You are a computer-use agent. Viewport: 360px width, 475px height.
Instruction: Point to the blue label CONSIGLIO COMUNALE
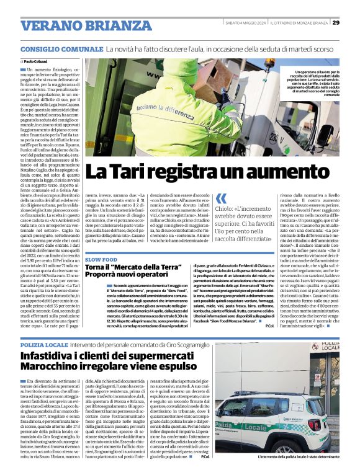coord(61,48)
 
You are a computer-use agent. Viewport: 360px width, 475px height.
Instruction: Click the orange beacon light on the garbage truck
coord(269,63)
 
